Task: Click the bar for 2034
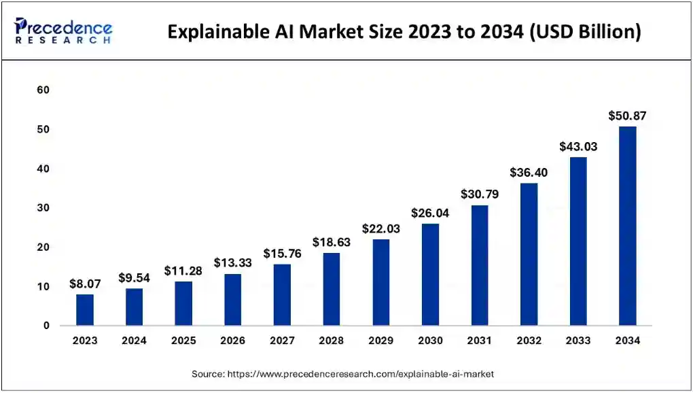coord(627,226)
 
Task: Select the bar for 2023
coord(85,309)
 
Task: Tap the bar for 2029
coord(380,282)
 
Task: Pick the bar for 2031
coord(479,265)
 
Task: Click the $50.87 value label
coord(627,116)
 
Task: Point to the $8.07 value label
coord(85,284)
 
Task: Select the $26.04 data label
coord(430,213)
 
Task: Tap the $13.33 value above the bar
coord(233,262)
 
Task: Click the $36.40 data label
coord(529,173)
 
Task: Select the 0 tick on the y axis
coord(47,326)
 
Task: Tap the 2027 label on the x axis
coord(282,341)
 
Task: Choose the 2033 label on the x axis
coord(578,341)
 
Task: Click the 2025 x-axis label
coord(183,341)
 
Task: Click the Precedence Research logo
coord(63,31)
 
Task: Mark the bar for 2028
coord(332,289)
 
